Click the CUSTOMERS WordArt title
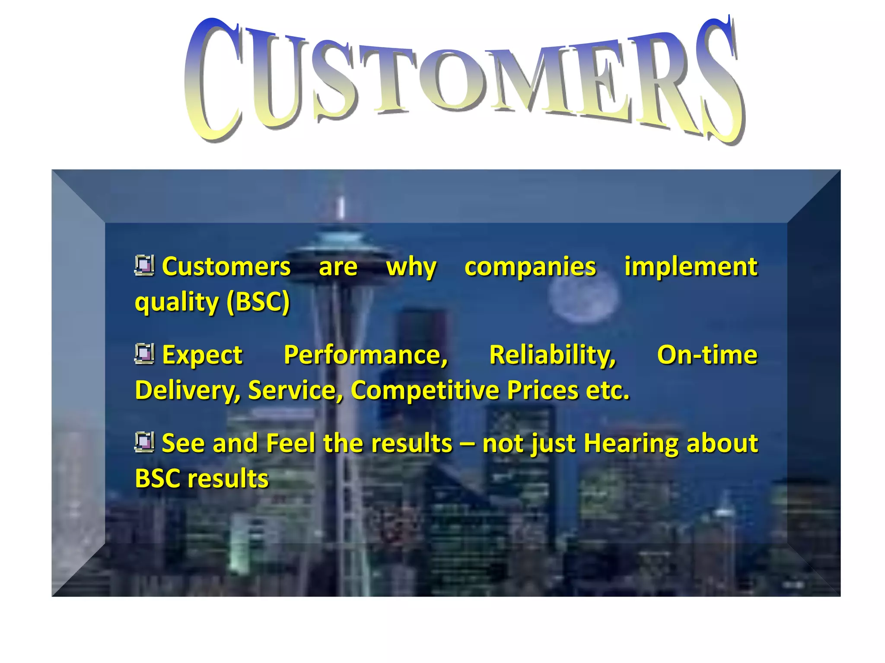coord(465,80)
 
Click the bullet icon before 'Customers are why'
coord(144,265)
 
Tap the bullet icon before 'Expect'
coord(144,354)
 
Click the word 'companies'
coord(530,267)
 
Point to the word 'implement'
coord(691,267)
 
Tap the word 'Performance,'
coord(366,355)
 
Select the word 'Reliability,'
coord(552,355)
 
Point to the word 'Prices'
coord(542,390)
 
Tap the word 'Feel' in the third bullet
coord(290,443)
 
